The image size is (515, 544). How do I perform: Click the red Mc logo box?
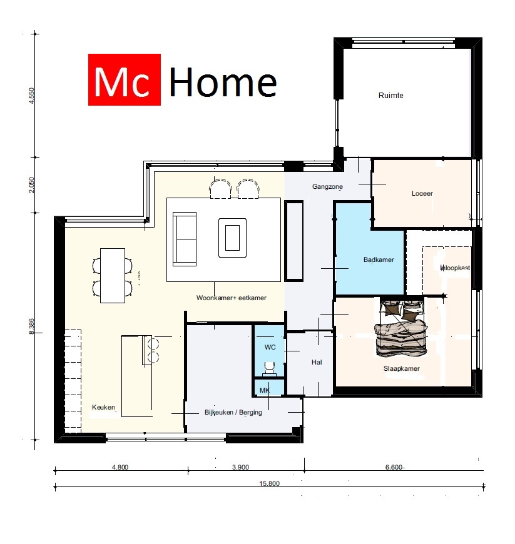tap(125, 79)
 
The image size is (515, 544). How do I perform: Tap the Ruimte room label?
tap(391, 96)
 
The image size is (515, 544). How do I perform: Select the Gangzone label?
tap(328, 187)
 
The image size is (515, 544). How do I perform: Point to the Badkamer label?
tap(379, 259)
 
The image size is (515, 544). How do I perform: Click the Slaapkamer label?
tap(401, 368)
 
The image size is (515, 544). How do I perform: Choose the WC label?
tap(270, 346)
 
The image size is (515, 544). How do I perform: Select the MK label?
tap(264, 391)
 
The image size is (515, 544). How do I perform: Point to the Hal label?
tap(317, 362)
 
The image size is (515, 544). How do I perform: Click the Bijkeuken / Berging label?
tap(233, 413)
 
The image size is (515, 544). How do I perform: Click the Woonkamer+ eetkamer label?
tap(231, 298)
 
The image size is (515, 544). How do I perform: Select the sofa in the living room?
tap(184, 239)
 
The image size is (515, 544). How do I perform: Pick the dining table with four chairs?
tap(113, 276)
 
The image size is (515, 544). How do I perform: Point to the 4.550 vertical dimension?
tap(31, 98)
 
